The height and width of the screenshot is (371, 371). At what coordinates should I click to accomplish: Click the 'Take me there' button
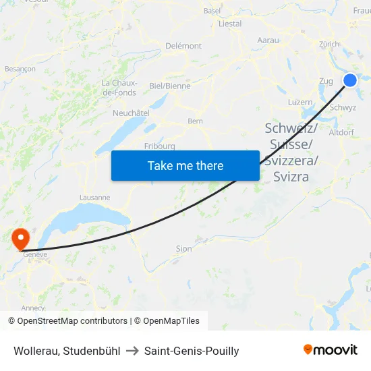(x=185, y=165)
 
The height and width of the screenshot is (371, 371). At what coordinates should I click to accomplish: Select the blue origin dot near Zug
(x=350, y=80)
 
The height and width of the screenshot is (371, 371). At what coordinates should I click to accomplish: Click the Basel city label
(x=212, y=11)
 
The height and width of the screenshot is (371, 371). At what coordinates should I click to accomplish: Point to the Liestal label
(x=230, y=24)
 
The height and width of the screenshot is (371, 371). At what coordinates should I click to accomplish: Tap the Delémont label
(x=183, y=46)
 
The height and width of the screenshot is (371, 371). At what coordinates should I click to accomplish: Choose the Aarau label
(x=268, y=40)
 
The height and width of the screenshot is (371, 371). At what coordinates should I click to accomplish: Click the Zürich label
(x=329, y=44)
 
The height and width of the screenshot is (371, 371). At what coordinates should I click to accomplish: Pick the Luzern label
(x=299, y=102)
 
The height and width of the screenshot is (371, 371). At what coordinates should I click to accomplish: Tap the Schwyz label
(x=343, y=107)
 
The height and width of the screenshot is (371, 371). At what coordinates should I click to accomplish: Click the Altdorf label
(x=341, y=132)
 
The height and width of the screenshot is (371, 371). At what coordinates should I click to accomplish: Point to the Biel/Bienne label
(x=169, y=86)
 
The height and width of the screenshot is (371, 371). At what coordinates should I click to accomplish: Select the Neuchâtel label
(x=131, y=113)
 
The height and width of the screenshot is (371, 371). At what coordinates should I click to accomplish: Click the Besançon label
(x=20, y=69)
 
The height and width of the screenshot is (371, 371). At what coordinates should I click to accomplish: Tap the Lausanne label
(x=94, y=198)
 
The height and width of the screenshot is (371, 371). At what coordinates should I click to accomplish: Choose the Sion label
(x=183, y=249)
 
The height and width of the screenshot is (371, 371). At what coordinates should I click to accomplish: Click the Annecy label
(x=33, y=308)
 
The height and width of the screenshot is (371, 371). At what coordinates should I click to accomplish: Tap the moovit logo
(x=330, y=349)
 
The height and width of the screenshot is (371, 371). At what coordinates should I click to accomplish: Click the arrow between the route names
(x=132, y=351)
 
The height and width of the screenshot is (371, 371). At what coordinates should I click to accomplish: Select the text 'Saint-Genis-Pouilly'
(x=192, y=351)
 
